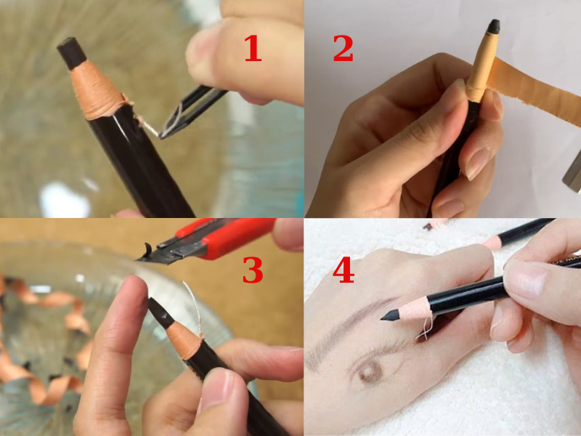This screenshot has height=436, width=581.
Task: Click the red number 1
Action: [x=251, y=49]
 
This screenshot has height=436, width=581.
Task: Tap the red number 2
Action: [x=343, y=49]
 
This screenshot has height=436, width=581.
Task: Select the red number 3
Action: [x=252, y=270]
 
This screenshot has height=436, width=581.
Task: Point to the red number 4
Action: [x=343, y=270]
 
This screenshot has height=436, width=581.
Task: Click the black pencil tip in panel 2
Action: [x=493, y=28]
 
